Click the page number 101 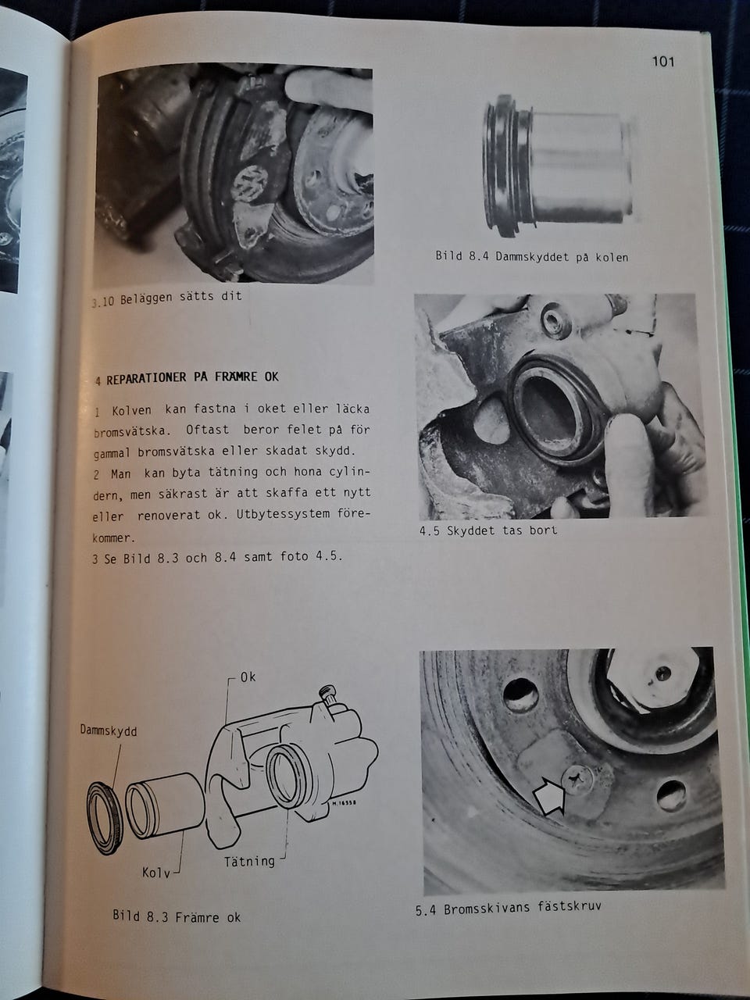pos(662,62)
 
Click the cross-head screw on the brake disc pos(577,779)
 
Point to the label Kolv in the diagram pos(155,873)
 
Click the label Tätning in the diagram pos(249,862)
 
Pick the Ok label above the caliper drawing pos(248,677)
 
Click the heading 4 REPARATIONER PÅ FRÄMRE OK pos(187,378)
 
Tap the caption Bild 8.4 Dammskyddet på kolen pos(531,256)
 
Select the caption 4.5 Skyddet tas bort pos(488,530)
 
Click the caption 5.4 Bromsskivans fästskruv pos(508,908)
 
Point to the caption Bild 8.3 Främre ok pos(177,916)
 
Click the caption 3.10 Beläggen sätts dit pos(166,298)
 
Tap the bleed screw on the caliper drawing pos(327,697)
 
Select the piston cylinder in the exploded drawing pos(165,807)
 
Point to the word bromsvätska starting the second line pos(129,431)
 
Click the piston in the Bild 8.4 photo pos(558,166)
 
